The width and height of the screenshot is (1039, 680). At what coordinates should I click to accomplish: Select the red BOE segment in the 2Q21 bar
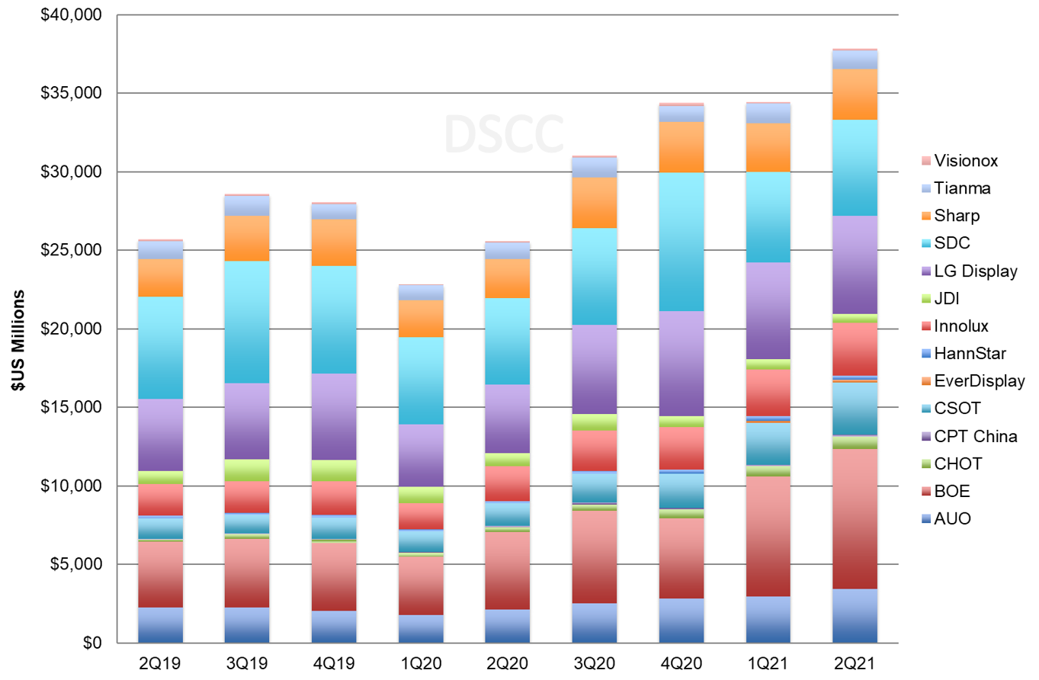[855, 518]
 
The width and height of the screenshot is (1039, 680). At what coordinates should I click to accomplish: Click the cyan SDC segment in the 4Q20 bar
[681, 242]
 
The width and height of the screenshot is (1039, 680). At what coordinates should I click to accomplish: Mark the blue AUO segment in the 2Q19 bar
[159, 625]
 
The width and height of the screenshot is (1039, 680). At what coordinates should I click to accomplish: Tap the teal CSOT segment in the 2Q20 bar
[507, 514]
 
